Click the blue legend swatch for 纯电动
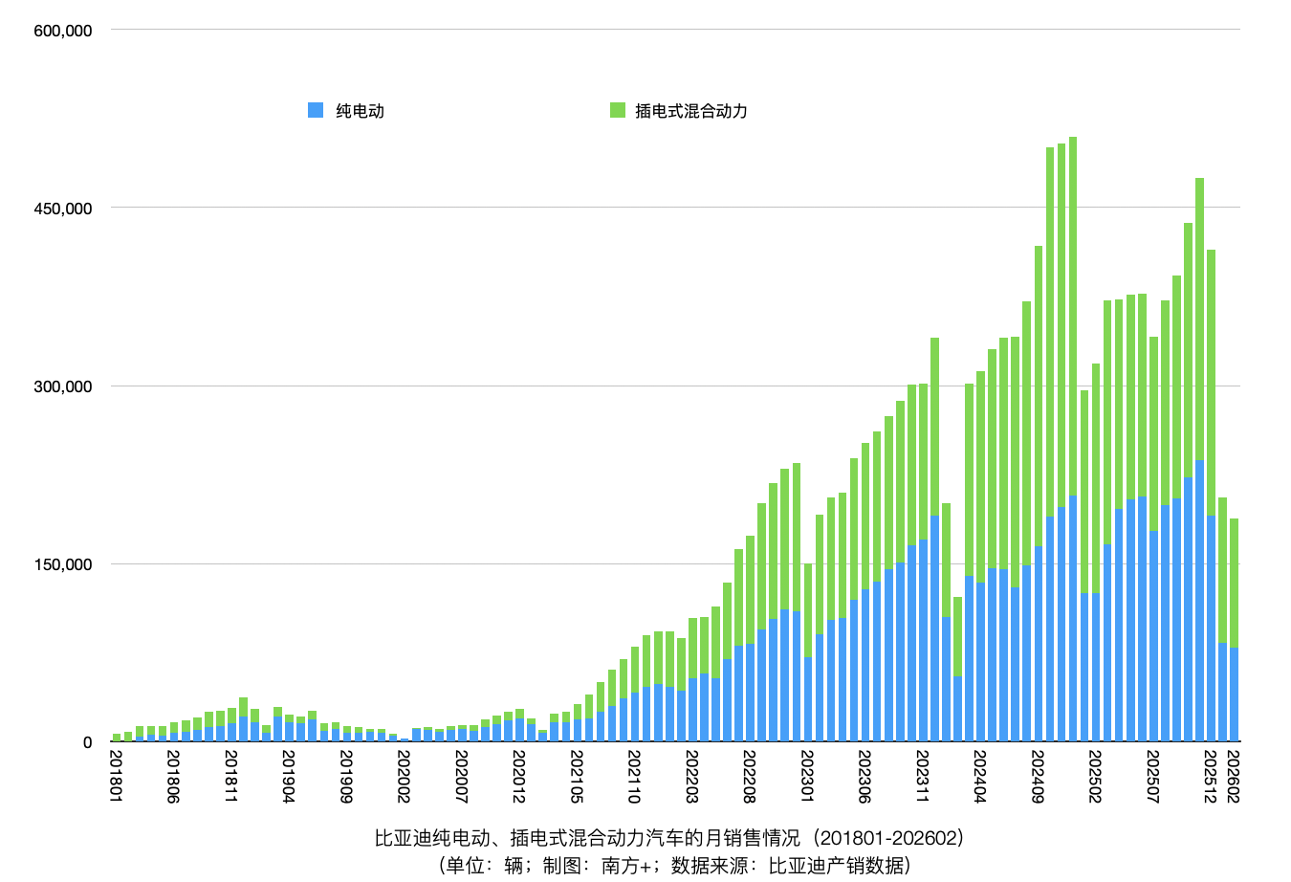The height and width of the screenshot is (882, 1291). [316, 110]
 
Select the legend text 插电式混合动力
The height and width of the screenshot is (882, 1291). [691, 111]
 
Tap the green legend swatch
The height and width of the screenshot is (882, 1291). [618, 110]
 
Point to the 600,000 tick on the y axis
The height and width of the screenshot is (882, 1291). [63, 31]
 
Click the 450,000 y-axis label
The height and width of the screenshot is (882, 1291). [63, 209]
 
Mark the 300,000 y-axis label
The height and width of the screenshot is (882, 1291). [63, 386]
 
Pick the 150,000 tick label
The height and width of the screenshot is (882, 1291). [63, 564]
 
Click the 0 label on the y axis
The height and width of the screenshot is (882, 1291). [87, 742]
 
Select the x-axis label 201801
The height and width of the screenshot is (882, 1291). [117, 777]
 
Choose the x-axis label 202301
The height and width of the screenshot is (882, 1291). [808, 777]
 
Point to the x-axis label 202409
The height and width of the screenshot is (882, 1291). [1039, 777]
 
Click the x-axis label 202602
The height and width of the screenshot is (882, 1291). [1234, 777]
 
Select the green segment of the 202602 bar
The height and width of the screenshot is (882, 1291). [1234, 584]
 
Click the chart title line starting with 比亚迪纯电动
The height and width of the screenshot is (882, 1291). [669, 839]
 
